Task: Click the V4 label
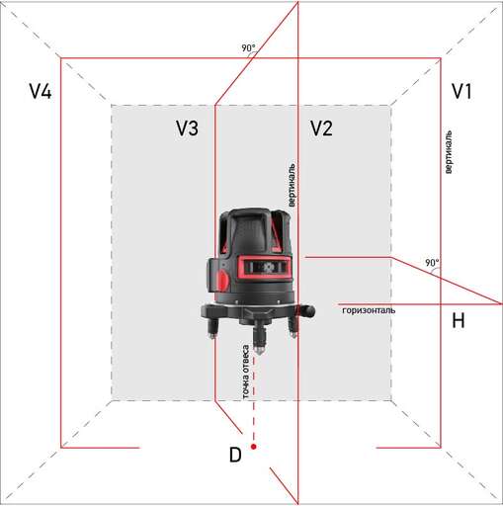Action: [x=40, y=92]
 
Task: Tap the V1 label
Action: [x=461, y=92]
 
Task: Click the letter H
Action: [x=458, y=321]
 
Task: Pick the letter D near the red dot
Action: [x=234, y=455]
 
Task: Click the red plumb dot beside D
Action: [x=254, y=448]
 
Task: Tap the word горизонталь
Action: [x=369, y=310]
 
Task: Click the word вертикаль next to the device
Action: [x=292, y=185]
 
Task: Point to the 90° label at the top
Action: [x=248, y=47]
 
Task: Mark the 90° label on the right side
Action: [x=431, y=263]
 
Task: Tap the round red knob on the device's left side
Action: [x=222, y=281]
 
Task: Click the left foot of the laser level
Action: [x=213, y=332]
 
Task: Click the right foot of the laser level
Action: [x=293, y=330]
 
